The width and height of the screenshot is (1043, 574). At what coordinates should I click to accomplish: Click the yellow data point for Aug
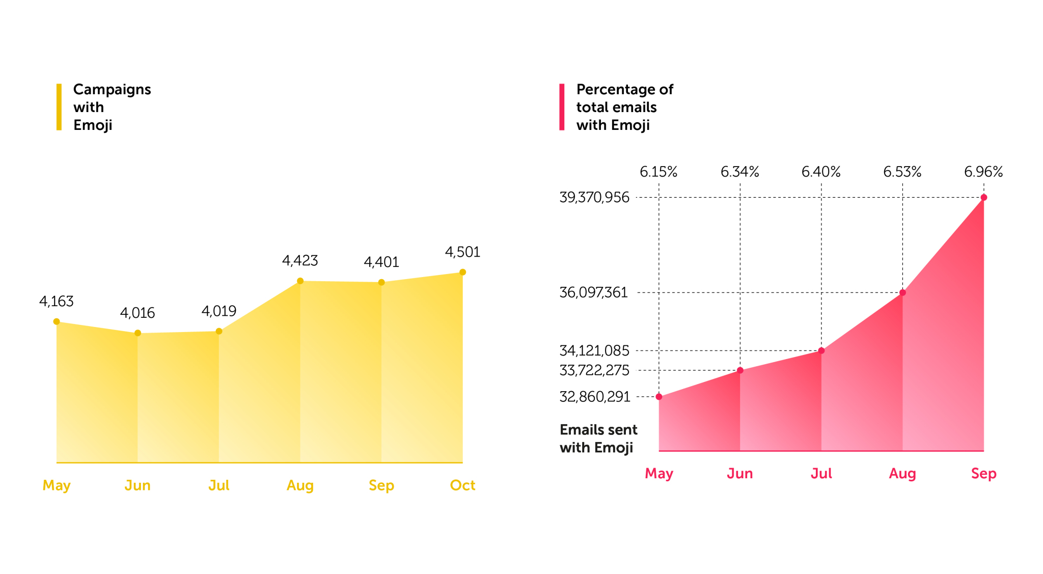click(300, 281)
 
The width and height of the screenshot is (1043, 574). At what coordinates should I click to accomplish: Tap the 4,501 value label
click(462, 252)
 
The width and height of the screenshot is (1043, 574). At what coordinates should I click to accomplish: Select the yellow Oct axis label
click(462, 485)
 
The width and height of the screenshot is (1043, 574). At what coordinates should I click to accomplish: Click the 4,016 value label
click(138, 313)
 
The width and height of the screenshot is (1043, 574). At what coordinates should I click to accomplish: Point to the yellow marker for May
click(57, 321)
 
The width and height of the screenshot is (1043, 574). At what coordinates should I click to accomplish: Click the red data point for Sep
click(983, 198)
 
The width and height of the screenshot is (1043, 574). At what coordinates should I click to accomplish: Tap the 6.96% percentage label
click(983, 172)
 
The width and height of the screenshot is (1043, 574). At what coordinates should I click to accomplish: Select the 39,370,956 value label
click(594, 198)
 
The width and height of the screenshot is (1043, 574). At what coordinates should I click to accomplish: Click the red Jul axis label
click(821, 474)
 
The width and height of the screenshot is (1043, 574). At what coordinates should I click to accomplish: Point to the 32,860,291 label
click(595, 397)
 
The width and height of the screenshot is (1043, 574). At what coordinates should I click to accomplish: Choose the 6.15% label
click(658, 172)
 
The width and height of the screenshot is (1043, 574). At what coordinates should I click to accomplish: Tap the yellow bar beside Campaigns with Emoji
click(59, 107)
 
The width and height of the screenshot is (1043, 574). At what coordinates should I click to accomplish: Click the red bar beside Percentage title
click(562, 107)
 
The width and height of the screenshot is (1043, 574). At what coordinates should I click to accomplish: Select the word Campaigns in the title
click(112, 90)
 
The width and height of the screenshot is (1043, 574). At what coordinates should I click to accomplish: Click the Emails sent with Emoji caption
click(598, 439)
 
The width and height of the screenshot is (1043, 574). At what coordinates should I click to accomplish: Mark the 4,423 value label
click(300, 261)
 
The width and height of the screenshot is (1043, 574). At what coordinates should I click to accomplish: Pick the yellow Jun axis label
click(138, 485)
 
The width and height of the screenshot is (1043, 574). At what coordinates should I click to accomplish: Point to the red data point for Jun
click(740, 370)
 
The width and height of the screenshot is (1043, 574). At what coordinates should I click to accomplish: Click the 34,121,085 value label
click(594, 351)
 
